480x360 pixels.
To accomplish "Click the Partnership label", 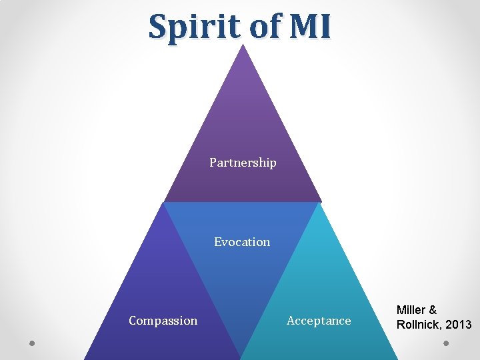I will coord(243,163).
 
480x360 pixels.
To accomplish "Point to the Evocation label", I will coord(242,242).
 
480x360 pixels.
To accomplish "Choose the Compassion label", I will coord(163,321).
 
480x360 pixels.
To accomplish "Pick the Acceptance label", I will coord(319,321).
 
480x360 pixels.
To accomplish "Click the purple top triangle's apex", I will coord(244,46).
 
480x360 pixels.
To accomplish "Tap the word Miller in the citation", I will coord(412,310).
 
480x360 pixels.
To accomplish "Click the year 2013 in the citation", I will coord(459,325).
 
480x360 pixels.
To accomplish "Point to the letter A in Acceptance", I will coord(291,321).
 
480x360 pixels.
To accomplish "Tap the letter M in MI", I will coord(301,27).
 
